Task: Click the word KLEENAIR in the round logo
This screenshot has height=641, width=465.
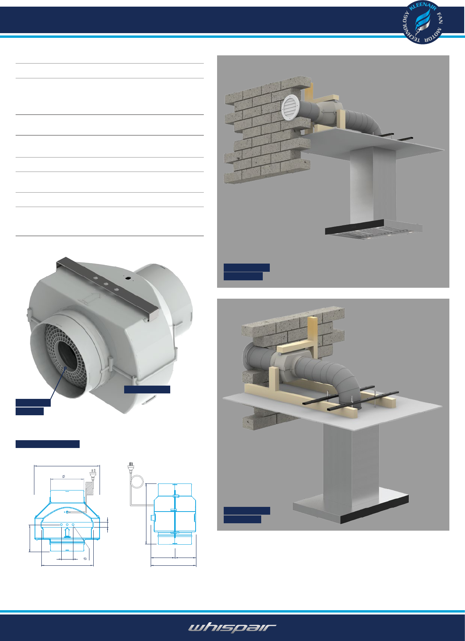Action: [x=423, y=6]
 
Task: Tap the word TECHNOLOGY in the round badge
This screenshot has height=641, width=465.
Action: [x=408, y=28]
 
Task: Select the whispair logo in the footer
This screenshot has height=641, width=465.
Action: [x=232, y=628]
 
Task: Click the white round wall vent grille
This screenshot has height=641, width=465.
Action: [x=290, y=108]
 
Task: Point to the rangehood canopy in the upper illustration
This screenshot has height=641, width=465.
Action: [x=373, y=229]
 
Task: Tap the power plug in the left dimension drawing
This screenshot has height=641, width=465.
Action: [x=93, y=474]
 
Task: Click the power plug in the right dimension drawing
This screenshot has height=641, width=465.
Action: [x=131, y=467]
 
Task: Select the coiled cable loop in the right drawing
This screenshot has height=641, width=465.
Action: [x=137, y=481]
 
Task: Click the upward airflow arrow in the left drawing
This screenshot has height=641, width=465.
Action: [x=67, y=532]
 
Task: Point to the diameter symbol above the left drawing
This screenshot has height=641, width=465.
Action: [x=63, y=476]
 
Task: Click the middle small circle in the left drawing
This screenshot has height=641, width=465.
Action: [x=67, y=524]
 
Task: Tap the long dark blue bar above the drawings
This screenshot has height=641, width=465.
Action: [x=48, y=444]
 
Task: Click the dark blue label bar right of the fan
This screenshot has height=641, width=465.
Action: [x=147, y=389]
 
